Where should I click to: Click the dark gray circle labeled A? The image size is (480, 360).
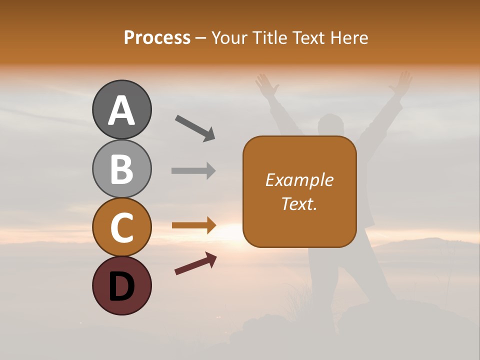click(121, 110)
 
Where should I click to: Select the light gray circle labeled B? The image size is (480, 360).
click(121, 168)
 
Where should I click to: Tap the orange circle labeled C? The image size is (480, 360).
click(121, 227)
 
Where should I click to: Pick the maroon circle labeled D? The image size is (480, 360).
click(121, 285)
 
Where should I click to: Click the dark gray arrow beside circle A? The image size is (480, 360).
click(195, 128)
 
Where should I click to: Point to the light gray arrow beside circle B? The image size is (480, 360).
click(193, 170)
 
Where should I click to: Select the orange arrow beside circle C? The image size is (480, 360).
click(193, 225)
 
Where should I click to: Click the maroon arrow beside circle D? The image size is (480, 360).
click(195, 263)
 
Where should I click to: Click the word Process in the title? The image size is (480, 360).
click(157, 38)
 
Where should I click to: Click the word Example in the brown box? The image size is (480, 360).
click(299, 180)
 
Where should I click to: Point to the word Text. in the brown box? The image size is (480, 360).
click(299, 203)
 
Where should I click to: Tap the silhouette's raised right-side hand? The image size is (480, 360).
click(401, 84)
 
